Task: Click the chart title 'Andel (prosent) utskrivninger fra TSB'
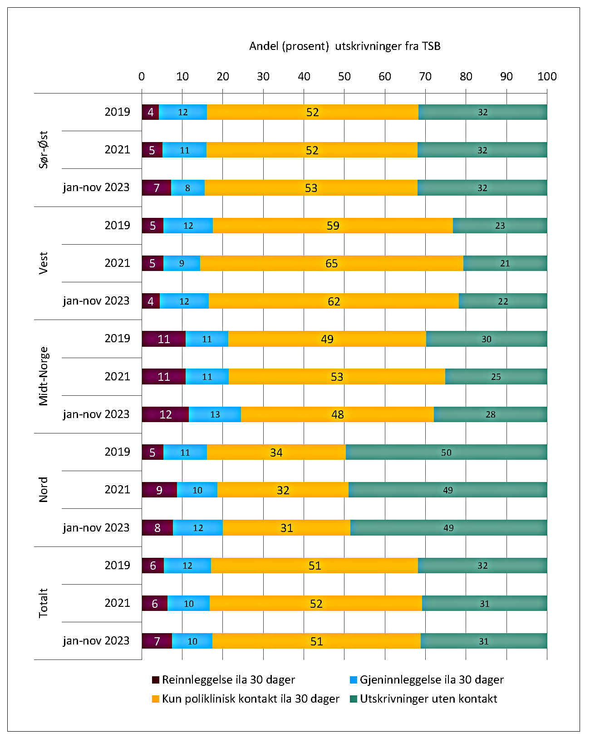[x=344, y=46]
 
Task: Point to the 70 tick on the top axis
[x=425, y=76]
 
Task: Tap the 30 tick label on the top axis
[x=263, y=76]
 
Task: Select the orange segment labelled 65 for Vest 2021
[x=332, y=263]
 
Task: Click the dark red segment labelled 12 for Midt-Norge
[x=165, y=414]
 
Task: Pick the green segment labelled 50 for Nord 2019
[x=446, y=452]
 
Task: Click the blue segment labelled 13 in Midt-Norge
[x=215, y=414]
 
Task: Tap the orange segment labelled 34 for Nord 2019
[x=276, y=452]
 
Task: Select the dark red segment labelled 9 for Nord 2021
[x=159, y=490]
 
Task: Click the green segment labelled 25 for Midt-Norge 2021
[x=496, y=377]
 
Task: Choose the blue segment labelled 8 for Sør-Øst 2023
[x=187, y=187]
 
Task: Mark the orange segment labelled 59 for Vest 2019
[x=333, y=226]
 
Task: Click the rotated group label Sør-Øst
[x=44, y=150]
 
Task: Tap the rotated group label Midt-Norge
[x=44, y=376]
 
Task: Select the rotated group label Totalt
[x=44, y=603]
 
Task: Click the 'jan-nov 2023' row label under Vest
[x=96, y=301]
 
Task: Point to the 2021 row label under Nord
[x=117, y=490]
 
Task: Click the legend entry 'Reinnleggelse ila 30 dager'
[x=228, y=679]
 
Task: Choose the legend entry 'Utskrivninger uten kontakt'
[x=428, y=699]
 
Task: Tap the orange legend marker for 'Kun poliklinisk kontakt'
[x=156, y=699]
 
